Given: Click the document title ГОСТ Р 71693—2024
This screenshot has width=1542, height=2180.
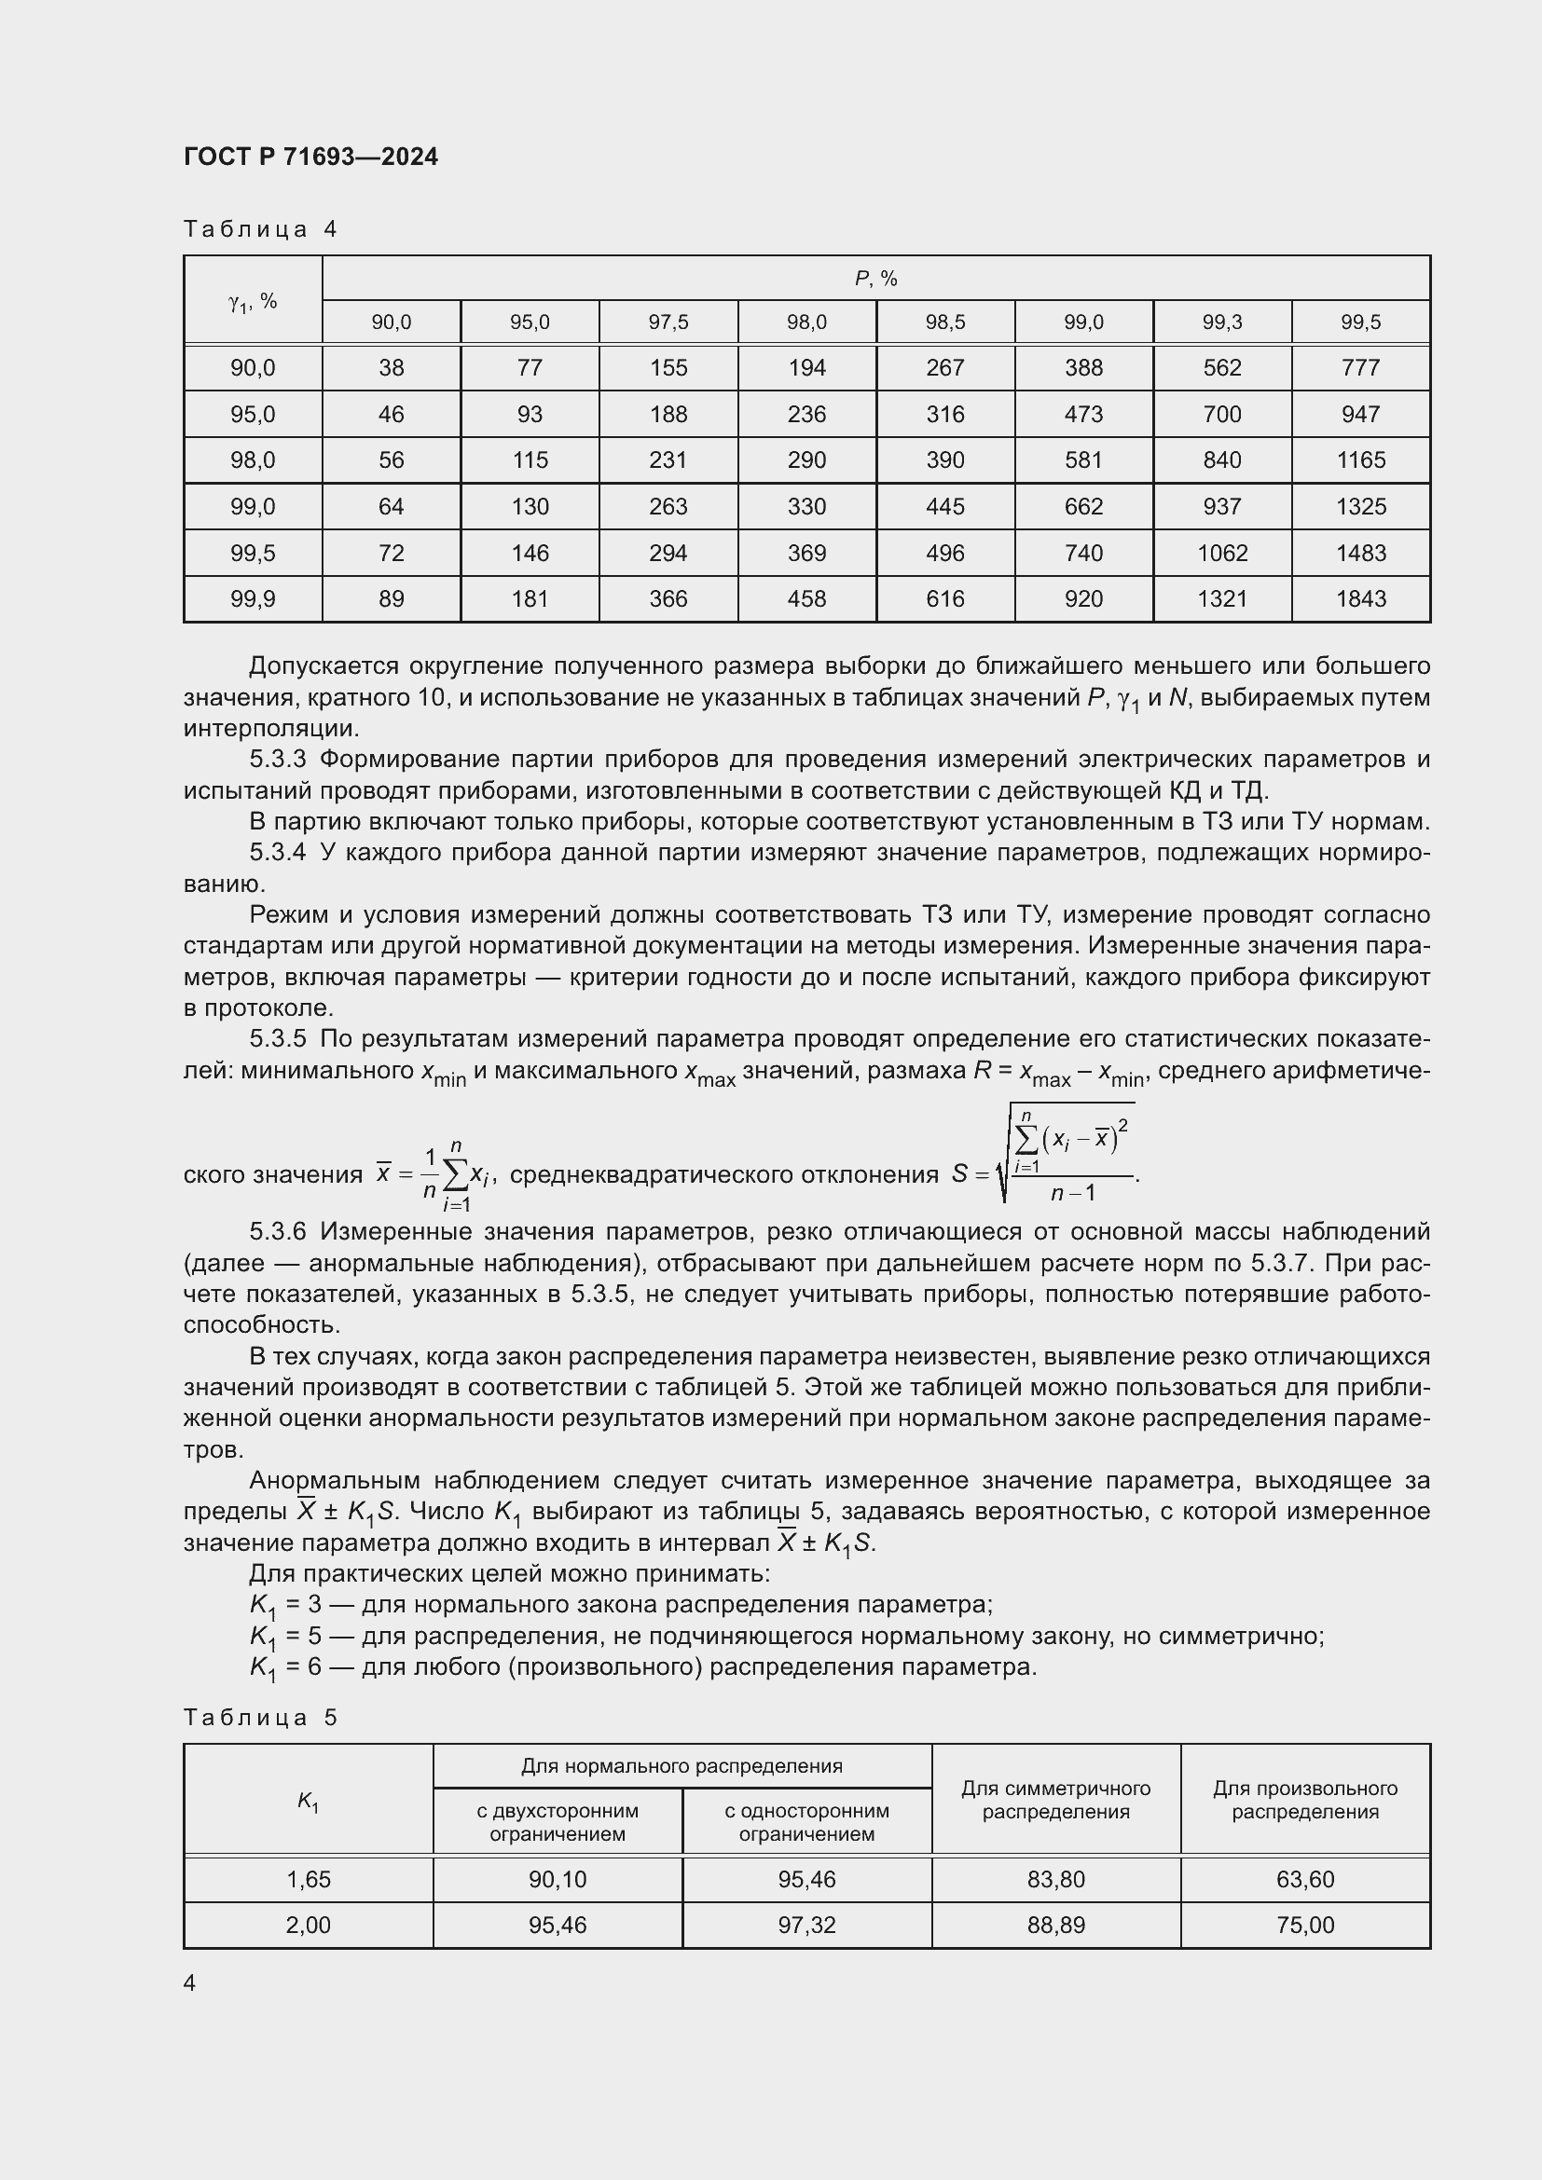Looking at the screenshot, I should tap(310, 157).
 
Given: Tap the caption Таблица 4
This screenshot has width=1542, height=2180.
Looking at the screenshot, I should tap(260, 229).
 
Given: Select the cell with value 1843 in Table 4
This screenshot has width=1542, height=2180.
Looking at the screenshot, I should tap(1359, 599).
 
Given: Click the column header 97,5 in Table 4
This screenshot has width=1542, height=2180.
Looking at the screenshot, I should tap(668, 322).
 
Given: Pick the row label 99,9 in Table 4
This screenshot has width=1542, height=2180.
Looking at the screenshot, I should tap(253, 599).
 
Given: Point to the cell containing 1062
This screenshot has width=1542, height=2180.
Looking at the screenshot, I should tap(1221, 553).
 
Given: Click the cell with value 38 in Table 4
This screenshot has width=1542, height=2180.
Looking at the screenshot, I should tap(392, 367).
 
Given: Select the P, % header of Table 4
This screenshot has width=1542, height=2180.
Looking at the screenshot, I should tap(875, 278).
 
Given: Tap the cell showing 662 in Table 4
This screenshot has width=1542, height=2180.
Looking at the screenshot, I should tap(1082, 506).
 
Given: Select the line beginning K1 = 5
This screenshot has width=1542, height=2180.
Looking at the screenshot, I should tap(786, 1636).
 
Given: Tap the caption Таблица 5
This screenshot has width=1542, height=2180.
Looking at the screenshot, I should tap(260, 1718).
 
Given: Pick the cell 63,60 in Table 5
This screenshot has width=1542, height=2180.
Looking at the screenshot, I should tap(1304, 1879).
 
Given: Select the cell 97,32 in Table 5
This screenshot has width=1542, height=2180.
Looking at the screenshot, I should tap(806, 1925).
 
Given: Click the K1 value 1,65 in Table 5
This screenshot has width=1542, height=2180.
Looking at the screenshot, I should tap(308, 1879).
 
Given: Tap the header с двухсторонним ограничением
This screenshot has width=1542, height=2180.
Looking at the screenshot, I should tap(558, 1822).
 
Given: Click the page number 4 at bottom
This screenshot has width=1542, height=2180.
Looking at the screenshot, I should tap(190, 1982).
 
